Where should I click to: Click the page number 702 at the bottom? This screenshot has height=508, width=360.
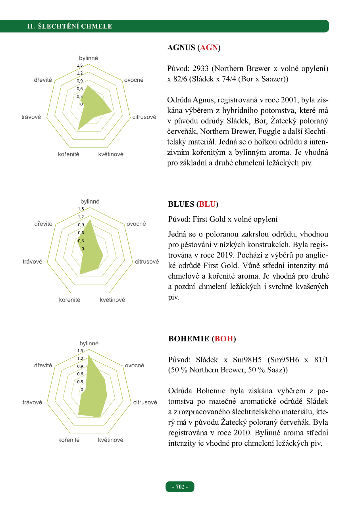[180, 487]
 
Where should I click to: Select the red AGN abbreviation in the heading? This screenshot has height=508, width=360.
[209, 48]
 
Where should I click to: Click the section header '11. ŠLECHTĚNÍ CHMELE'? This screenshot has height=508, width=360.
[69, 27]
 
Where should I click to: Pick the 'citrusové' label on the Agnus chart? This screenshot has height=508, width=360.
[144, 117]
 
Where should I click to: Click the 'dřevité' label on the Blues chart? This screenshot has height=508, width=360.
[43, 224]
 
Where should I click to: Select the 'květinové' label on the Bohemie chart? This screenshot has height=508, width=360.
[111, 440]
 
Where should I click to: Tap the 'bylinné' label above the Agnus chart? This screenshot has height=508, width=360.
[89, 58]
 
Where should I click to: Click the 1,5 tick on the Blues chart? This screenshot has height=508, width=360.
[81, 209]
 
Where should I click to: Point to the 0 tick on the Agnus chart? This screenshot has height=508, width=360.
[81, 104]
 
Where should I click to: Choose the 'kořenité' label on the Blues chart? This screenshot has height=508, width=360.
[69, 300]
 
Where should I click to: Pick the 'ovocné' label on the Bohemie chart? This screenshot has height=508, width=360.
[135, 365]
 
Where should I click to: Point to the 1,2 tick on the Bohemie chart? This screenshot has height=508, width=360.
[80, 358]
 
